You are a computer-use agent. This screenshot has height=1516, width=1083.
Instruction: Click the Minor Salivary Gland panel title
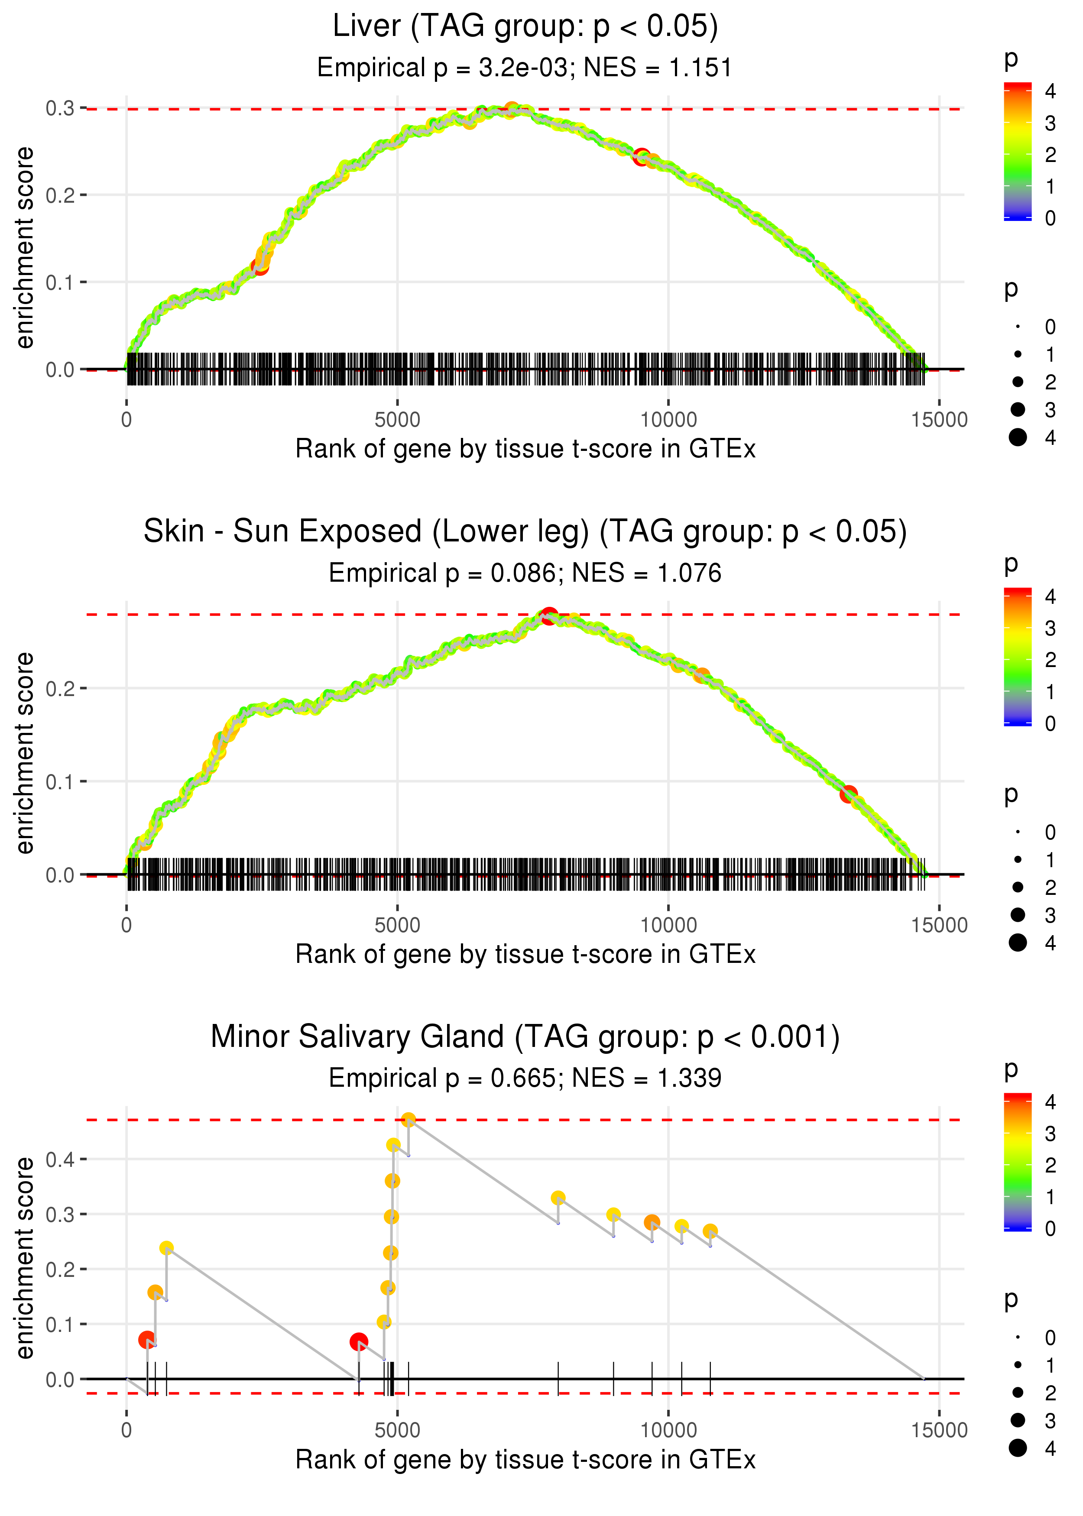click(525, 1037)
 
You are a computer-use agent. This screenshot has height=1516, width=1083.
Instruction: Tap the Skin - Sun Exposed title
click(525, 531)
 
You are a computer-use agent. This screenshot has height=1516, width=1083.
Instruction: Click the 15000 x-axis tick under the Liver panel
click(939, 420)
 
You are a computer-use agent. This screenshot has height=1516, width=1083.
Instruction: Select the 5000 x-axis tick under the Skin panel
click(397, 925)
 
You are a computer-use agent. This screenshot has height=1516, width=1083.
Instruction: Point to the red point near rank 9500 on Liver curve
click(641, 157)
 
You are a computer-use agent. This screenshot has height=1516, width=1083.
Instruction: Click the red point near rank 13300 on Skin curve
click(848, 794)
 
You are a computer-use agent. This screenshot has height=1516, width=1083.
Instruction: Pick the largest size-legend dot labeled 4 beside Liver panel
click(1018, 437)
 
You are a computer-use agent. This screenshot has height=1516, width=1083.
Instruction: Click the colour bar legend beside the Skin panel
click(1018, 657)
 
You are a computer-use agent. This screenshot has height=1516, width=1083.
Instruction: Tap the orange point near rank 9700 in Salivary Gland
click(652, 1222)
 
